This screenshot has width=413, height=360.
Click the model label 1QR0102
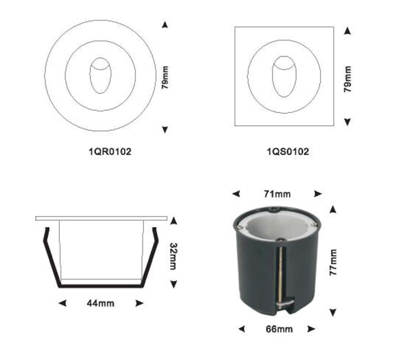point(110,151)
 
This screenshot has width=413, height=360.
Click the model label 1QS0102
point(288,151)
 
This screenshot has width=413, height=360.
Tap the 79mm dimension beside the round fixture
point(165,78)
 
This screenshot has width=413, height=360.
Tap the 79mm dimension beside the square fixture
point(348,79)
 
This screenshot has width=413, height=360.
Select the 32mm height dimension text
point(173,256)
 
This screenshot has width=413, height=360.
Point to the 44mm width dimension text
point(100,304)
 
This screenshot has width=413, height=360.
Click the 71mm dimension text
point(277,194)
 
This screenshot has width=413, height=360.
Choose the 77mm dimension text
point(333,262)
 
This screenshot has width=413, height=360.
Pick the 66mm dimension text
point(279,329)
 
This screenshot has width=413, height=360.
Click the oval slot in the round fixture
point(100,76)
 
